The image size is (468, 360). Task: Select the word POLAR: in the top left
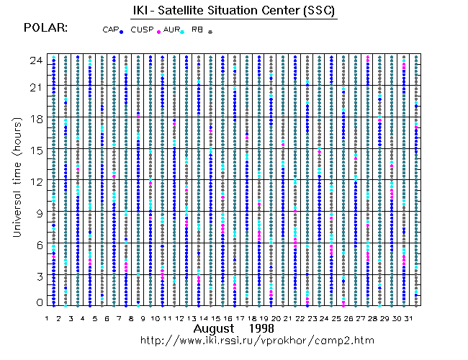coord(45,28)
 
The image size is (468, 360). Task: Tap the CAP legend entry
coord(112,30)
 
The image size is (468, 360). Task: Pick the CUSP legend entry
coord(145,30)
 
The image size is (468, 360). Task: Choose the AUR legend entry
coord(173,30)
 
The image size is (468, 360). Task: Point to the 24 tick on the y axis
coord(35,60)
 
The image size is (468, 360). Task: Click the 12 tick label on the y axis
coord(35,181)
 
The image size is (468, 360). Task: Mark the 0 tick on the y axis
coord(38,302)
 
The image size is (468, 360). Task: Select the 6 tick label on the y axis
coord(38,243)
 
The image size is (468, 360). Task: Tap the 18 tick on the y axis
coord(35,120)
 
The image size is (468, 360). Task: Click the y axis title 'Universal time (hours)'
coord(15,181)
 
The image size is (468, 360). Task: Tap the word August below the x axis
coord(216,328)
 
